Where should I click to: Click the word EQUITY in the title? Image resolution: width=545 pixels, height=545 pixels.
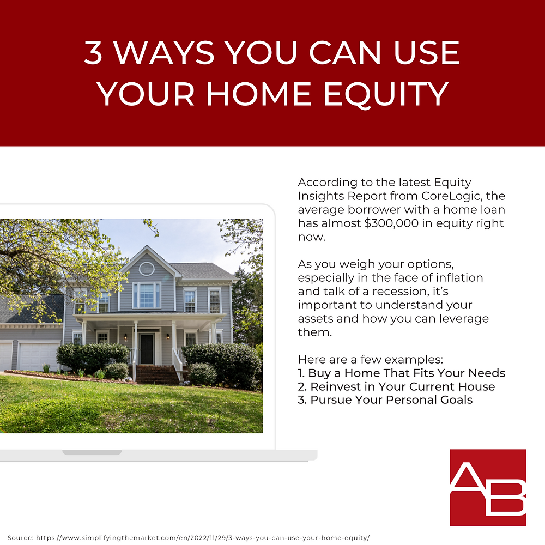point(385,94)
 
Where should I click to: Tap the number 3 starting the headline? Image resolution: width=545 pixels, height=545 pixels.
point(93,53)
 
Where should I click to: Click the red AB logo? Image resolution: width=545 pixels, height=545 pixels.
point(488,487)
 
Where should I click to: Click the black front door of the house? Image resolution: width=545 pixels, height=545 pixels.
point(147,349)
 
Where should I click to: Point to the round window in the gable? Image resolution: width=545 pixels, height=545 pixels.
point(147,268)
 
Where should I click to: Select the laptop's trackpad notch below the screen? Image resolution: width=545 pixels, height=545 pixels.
point(92,452)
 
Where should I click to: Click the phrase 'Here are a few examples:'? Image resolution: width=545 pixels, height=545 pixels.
point(371,360)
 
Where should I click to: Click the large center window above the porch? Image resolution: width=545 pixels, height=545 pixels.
point(147,295)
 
